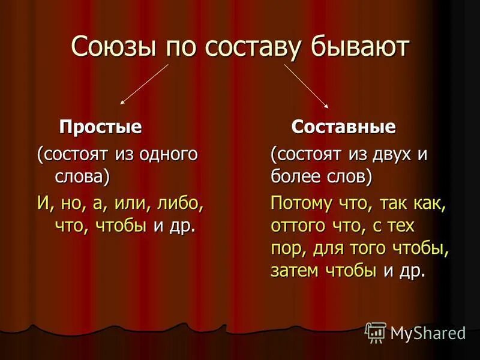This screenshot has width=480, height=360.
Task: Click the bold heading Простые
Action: pos(100,127)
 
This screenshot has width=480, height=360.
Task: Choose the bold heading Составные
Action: pos(343,127)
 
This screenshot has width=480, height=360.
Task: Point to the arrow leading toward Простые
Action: pos(145,85)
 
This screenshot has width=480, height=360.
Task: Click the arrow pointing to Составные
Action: pos(306,85)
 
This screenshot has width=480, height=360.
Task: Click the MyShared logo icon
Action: pos(376,332)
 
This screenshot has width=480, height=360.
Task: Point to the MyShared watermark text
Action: pos(427,332)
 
